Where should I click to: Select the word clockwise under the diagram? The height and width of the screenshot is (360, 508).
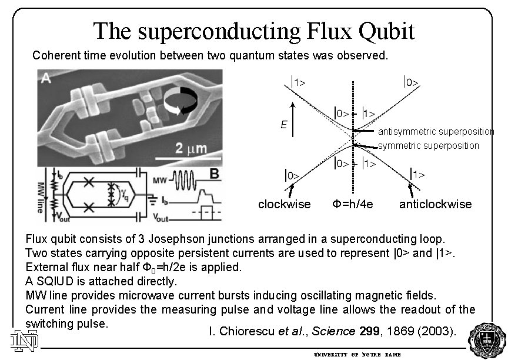285,204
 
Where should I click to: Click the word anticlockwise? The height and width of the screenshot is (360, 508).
435,204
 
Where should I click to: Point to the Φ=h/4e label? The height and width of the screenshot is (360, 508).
353,204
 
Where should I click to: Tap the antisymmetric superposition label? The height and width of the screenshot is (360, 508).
436,131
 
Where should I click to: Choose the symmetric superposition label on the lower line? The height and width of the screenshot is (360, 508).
429,145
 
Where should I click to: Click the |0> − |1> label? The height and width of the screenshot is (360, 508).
355,112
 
